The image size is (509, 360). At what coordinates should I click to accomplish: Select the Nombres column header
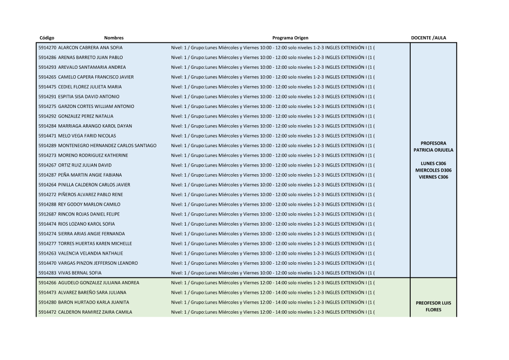click(114, 38)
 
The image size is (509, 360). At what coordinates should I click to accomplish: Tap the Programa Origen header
click(290, 38)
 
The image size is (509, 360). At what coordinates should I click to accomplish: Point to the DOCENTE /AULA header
click(429, 38)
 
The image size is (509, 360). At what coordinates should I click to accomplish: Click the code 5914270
click(47, 47)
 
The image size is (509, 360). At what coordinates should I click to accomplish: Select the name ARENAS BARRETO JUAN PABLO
click(90, 58)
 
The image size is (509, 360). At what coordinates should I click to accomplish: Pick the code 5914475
click(47, 87)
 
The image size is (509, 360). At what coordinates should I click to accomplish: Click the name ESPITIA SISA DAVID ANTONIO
click(89, 96)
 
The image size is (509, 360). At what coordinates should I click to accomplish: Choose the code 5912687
click(47, 214)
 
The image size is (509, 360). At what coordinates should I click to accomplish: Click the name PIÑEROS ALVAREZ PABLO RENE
click(90, 195)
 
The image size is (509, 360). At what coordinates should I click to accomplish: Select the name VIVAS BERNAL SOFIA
click(79, 273)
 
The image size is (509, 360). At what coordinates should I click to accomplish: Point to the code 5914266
click(47, 283)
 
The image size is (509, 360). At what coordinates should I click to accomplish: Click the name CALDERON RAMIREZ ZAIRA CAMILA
click(95, 312)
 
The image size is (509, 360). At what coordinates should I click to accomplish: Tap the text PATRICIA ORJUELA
click(434, 150)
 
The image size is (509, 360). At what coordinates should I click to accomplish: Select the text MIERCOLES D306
click(434, 170)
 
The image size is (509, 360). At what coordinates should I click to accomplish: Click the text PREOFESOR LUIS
click(434, 303)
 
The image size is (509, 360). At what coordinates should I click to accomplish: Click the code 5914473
click(47, 293)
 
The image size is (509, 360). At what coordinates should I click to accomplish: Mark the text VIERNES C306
click(434, 177)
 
